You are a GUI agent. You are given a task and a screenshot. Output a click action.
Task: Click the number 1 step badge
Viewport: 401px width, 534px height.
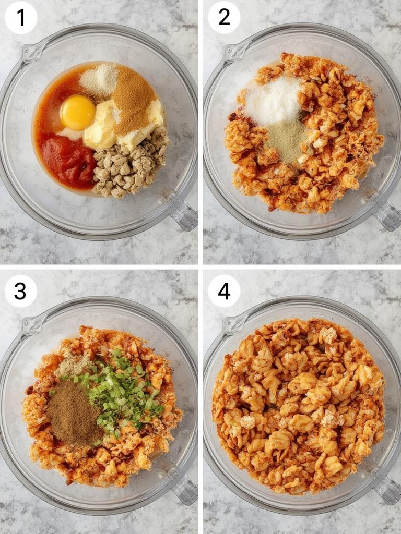point(21,17)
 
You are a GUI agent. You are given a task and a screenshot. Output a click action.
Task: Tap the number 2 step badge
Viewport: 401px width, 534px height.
point(224,17)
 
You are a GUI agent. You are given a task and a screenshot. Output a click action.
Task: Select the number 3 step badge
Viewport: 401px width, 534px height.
point(21,291)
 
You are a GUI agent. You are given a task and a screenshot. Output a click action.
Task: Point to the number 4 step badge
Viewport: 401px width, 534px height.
point(224,291)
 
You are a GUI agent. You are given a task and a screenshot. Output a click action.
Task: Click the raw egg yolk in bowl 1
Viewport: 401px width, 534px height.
point(78,113)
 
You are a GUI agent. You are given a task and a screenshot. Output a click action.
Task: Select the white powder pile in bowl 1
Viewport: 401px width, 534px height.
point(99,80)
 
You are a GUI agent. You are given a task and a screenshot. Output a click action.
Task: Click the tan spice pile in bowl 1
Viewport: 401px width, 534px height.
point(134,99)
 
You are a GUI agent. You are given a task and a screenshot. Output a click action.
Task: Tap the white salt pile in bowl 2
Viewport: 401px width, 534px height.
point(273,101)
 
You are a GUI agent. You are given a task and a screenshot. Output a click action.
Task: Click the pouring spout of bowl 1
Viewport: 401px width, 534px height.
point(32,52)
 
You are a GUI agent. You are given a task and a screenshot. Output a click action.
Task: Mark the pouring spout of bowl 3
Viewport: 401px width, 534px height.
point(32,325)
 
